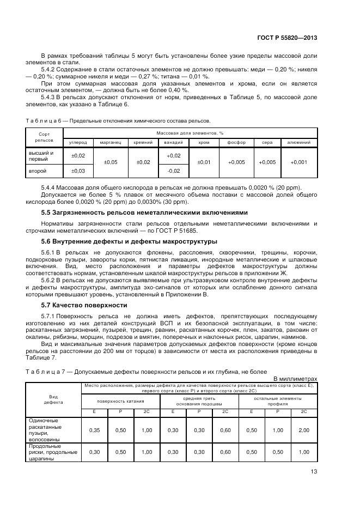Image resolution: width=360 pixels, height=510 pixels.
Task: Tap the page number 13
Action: (x=313, y=471)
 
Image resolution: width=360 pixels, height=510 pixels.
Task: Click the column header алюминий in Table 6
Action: (x=298, y=142)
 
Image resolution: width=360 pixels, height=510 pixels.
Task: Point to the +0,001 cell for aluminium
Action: (x=298, y=162)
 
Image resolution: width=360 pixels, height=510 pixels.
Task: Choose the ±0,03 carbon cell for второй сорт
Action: (x=78, y=171)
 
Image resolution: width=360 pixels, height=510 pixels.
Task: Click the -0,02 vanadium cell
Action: (x=173, y=171)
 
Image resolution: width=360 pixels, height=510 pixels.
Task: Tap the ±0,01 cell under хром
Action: (x=204, y=162)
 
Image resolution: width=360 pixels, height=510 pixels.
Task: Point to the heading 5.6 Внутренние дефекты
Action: (x=130, y=241)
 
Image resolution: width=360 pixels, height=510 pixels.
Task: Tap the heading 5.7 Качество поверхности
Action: (x=84, y=305)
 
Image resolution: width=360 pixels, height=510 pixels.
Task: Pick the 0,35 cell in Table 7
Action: (x=94, y=430)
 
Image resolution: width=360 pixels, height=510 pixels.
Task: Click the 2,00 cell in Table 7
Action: (x=304, y=430)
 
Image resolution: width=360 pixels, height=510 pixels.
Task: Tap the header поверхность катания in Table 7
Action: (x=120, y=400)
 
